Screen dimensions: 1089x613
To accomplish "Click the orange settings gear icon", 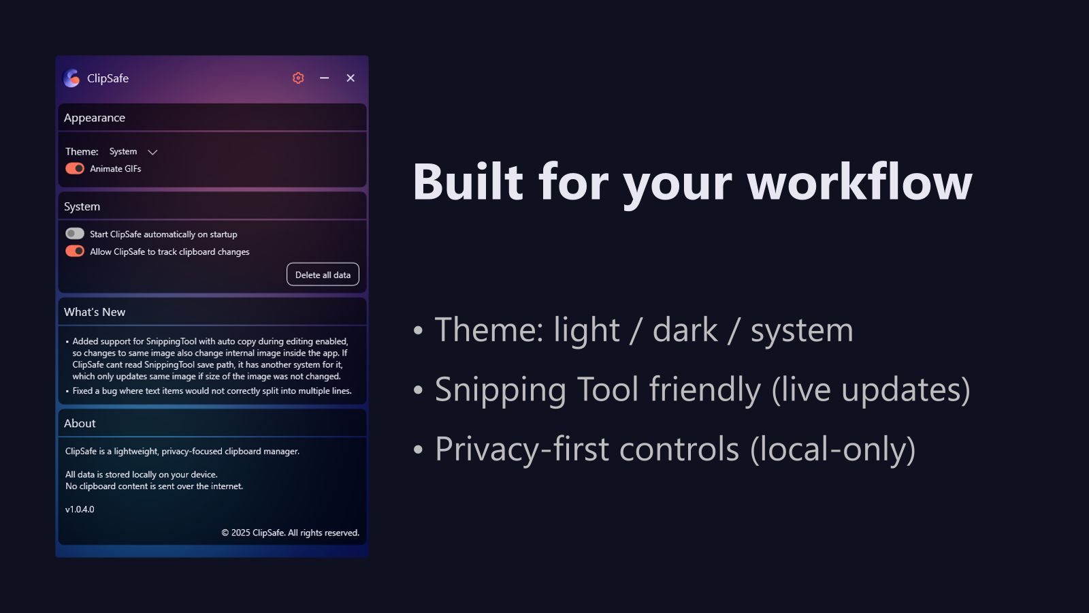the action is click(x=298, y=78).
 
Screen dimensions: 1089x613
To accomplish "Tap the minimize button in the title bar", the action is click(x=324, y=78).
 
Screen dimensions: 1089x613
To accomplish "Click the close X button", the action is click(x=351, y=78).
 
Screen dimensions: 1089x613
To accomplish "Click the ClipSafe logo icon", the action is click(x=71, y=78).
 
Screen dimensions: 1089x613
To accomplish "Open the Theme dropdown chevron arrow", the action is click(x=152, y=153).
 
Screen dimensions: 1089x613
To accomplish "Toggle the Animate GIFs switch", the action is click(x=75, y=168).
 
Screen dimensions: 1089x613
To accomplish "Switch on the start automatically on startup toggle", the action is click(x=75, y=234).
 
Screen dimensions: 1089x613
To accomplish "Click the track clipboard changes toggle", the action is click(x=75, y=251).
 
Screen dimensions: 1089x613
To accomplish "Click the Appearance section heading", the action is click(x=95, y=118).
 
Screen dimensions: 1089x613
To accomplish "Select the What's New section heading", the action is click(x=95, y=312).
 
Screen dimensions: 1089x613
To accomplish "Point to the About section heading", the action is click(x=80, y=423).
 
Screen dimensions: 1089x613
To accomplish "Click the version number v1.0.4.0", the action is click(x=80, y=509).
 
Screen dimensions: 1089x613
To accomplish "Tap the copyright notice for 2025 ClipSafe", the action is click(x=290, y=533).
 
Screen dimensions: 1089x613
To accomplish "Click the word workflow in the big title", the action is click(x=860, y=181).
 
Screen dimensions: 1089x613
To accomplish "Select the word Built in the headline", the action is click(x=468, y=181).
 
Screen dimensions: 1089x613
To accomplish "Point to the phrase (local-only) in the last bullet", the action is click(x=833, y=449).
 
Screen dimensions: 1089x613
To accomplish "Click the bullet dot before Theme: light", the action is click(x=418, y=330).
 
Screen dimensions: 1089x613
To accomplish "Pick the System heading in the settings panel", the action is click(x=82, y=207).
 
